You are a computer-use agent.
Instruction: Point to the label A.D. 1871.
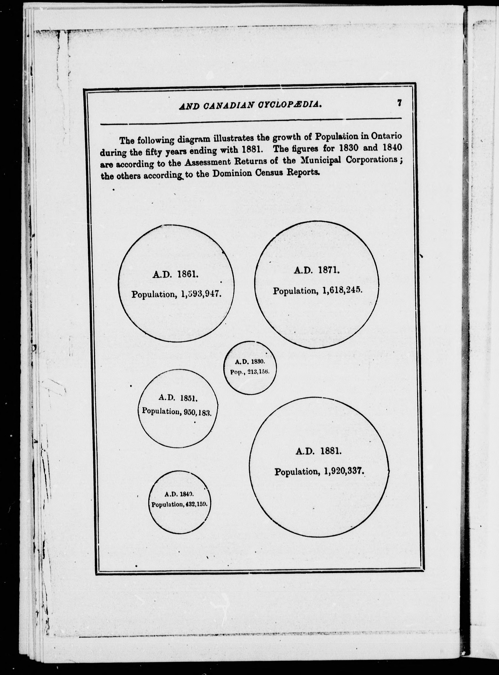click(x=317, y=270)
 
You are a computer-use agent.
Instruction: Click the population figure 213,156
click(x=258, y=372)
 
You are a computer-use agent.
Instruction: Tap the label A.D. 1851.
click(x=178, y=398)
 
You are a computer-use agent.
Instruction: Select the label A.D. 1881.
click(x=318, y=451)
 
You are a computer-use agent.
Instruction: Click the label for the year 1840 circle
click(x=179, y=494)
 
